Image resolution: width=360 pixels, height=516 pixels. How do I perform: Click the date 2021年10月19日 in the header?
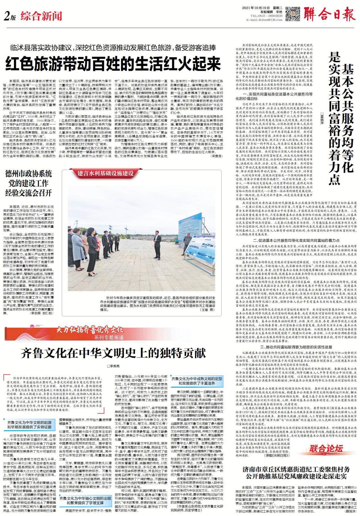click(x=254, y=8)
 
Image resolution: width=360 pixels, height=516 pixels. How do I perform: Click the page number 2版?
click(x=10, y=17)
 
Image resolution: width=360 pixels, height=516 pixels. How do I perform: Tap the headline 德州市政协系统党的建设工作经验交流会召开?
click(x=28, y=183)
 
